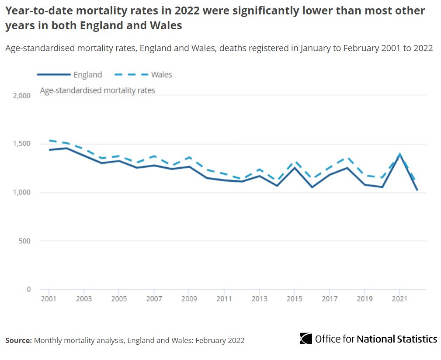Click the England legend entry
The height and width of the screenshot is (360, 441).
(x=87, y=75)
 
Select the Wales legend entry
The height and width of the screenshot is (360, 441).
(x=161, y=75)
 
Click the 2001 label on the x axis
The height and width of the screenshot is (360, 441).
(x=49, y=299)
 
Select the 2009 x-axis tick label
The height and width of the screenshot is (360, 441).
(x=189, y=299)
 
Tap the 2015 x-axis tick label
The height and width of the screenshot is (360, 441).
(x=294, y=299)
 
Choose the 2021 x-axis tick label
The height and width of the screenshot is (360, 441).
(x=399, y=299)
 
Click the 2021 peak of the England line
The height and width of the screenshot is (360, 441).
(x=399, y=155)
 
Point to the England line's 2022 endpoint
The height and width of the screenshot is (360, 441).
(x=417, y=190)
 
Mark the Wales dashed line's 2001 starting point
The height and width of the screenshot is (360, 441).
(x=49, y=141)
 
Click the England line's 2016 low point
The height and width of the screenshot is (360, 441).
(x=312, y=187)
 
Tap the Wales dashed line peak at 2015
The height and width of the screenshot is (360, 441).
(x=295, y=162)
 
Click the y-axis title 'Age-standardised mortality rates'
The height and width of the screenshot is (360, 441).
(x=97, y=91)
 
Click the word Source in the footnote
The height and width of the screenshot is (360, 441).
(x=18, y=340)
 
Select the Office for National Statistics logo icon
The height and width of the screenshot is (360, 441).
(x=306, y=339)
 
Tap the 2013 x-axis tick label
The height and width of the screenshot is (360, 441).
(x=259, y=299)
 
